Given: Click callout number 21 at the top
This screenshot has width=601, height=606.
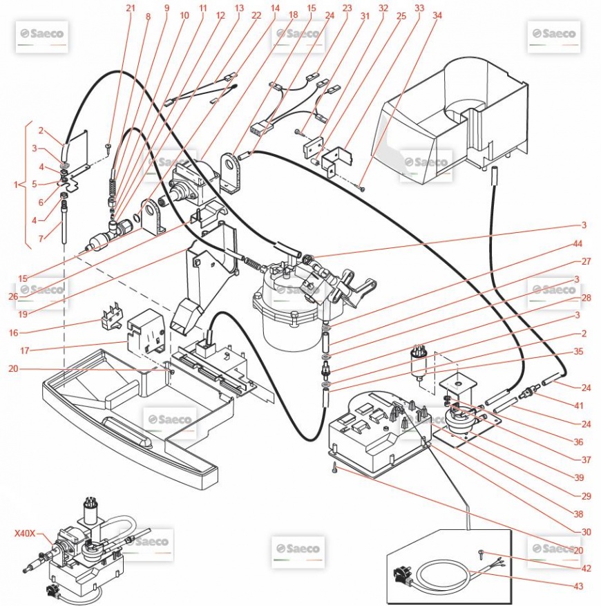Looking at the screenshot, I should point(131,8).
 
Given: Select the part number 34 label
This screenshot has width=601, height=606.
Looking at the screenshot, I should point(437,15).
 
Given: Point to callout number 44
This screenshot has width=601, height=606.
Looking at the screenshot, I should point(578,244).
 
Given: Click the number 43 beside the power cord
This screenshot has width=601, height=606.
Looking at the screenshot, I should point(578,587).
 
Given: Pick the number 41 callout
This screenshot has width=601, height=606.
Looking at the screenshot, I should point(578,406).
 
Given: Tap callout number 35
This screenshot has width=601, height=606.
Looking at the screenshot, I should point(578,351).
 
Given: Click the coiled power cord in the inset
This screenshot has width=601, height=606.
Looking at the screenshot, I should point(442,574).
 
